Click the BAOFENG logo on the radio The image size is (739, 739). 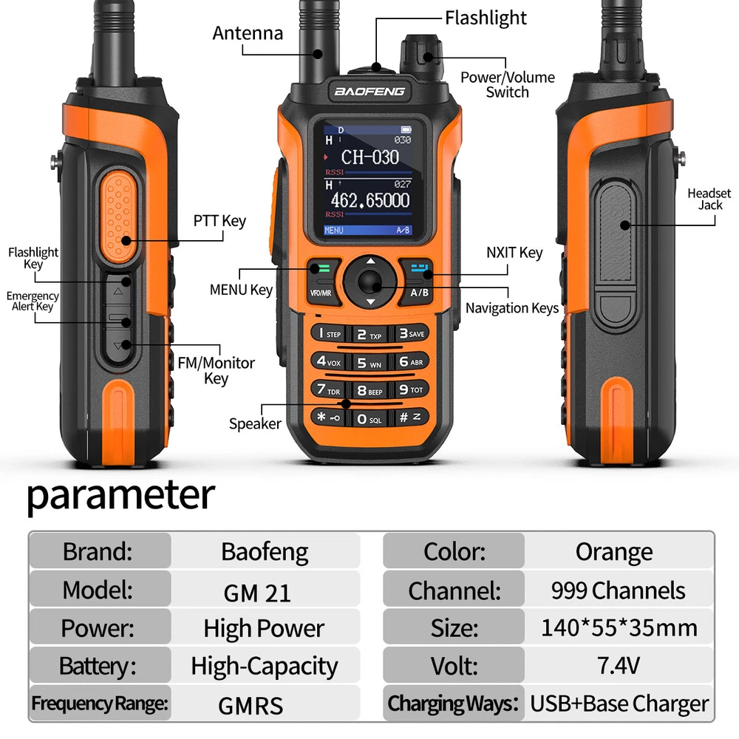click(369, 92)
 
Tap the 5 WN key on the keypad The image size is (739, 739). click(369, 362)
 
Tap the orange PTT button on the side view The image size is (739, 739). click(119, 217)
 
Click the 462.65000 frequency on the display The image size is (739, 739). click(370, 201)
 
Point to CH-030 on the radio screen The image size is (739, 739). click(370, 157)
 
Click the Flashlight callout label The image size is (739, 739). click(486, 18)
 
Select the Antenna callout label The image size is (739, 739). click(248, 33)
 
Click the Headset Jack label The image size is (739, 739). click(709, 199)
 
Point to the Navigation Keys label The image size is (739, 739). click(512, 308)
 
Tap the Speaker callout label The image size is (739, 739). click(255, 423)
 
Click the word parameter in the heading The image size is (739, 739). click(121, 496)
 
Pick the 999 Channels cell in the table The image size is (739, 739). click(619, 590)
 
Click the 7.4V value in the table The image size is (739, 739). click(619, 666)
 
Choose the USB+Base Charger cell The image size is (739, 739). click(619, 704)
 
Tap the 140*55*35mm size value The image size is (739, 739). click(619, 627)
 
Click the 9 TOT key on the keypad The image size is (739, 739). click(412, 389)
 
